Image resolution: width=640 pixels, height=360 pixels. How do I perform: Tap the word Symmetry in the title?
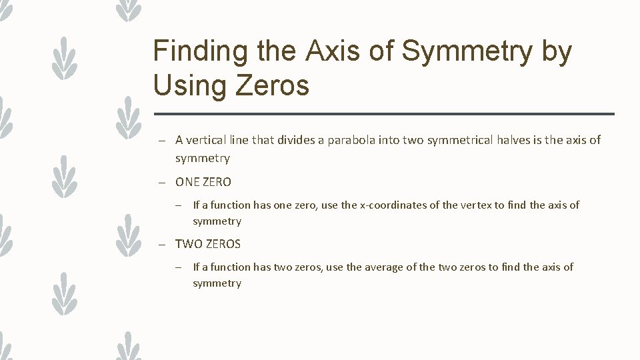[486, 51]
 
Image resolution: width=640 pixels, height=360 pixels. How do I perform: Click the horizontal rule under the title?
[383, 114]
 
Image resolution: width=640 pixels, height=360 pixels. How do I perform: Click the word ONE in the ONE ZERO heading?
[187, 181]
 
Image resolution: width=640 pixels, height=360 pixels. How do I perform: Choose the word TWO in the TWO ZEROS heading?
[187, 244]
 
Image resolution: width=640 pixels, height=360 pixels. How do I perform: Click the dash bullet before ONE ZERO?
[162, 182]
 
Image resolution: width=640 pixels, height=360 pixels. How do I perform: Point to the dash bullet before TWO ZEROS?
[162, 245]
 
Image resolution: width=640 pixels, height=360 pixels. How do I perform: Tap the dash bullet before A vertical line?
[162, 141]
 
